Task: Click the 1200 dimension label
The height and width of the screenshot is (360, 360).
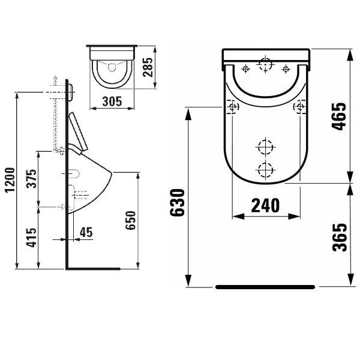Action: (x=11, y=180)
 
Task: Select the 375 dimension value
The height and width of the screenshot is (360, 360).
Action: (x=31, y=179)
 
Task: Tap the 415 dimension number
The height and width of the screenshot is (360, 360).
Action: (x=31, y=238)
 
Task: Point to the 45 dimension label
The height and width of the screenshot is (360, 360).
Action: (x=86, y=232)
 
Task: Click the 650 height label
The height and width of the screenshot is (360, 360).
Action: (x=131, y=220)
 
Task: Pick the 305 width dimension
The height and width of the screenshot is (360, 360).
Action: (x=112, y=101)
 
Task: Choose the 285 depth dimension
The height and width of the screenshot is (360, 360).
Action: (x=148, y=67)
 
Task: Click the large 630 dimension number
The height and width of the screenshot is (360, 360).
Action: (x=177, y=203)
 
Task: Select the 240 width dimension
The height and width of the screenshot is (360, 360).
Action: (x=266, y=205)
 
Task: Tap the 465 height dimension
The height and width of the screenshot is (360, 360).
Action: (x=340, y=116)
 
